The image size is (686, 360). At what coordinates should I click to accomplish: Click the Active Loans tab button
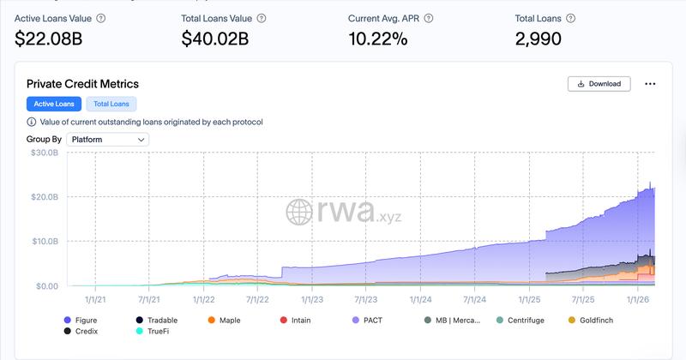pos(54,104)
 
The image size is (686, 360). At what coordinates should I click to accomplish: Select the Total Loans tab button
pos(111,104)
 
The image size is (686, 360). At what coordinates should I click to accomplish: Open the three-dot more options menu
pos(650,84)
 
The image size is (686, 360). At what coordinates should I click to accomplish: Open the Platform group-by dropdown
pos(108,139)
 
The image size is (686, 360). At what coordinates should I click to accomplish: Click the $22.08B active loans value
pos(49,38)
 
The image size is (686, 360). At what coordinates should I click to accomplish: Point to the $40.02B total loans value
pos(214,38)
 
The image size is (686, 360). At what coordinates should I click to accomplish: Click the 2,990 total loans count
pos(539,38)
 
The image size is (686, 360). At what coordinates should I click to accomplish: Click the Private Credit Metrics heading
pos(82,84)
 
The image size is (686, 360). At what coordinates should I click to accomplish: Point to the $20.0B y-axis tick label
pos(44,197)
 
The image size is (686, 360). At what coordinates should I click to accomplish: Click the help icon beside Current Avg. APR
pos(429,18)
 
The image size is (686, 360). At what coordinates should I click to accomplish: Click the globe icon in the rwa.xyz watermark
pos(299,213)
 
